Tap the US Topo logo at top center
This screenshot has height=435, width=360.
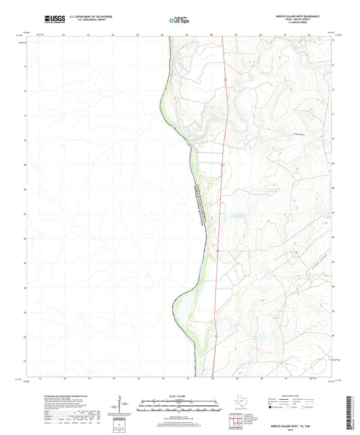pos(179,20)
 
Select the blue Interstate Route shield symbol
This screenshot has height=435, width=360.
pos(272,408)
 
